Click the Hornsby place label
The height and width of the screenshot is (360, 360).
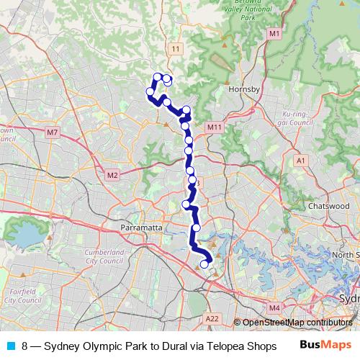click(238, 89)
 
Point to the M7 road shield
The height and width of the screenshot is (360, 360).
click(52, 132)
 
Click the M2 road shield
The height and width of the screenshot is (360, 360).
click(112, 175)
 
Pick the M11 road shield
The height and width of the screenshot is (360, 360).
click(214, 127)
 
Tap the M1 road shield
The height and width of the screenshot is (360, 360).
click(274, 34)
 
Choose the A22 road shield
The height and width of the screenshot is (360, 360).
click(211, 318)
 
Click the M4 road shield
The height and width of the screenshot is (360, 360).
click(274, 307)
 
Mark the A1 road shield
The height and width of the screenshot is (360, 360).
click(301, 162)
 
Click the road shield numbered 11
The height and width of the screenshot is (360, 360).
click(176, 48)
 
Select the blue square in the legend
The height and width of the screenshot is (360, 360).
click(10, 346)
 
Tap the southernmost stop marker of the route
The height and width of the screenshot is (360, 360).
click(204, 264)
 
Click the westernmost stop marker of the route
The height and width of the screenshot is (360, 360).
click(150, 91)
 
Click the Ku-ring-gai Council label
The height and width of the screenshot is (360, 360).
click(295, 118)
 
